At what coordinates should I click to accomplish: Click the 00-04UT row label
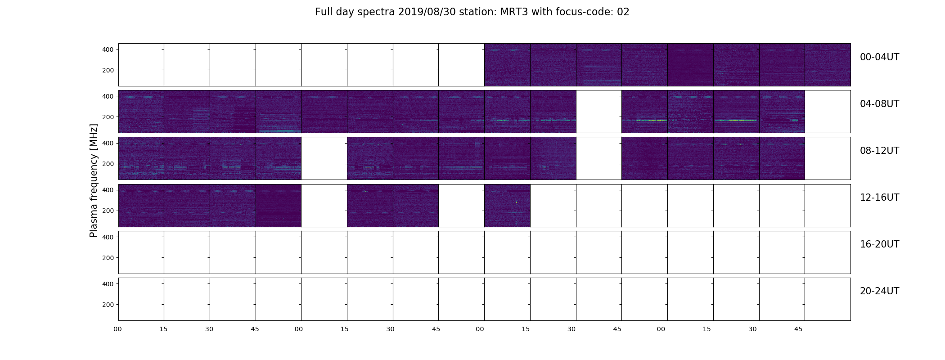tap(879, 57)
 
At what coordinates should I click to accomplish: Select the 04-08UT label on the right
tap(879, 104)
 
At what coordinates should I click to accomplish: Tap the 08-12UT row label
tap(879, 151)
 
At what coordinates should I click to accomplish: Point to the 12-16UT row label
tap(879, 198)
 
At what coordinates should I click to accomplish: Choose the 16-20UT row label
tap(879, 244)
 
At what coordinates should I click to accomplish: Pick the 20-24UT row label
tap(879, 291)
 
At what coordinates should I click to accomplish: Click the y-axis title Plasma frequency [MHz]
tap(94, 180)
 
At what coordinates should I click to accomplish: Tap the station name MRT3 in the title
tap(513, 12)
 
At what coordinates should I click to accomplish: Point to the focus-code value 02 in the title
tap(623, 12)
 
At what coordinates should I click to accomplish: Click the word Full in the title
tap(324, 12)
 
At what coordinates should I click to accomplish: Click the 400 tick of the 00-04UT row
tap(108, 49)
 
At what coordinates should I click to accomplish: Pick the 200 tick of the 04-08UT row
tap(108, 117)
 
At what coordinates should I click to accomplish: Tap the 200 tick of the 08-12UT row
tap(108, 164)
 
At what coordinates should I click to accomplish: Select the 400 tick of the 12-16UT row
tap(108, 190)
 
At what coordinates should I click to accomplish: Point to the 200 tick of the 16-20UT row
tap(108, 258)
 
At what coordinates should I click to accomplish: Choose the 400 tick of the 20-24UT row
tap(108, 284)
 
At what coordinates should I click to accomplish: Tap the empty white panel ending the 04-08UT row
tap(828, 112)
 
